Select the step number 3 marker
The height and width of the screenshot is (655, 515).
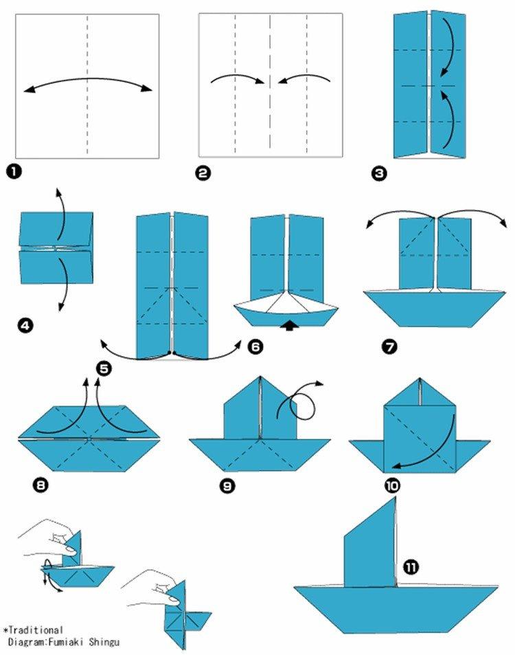(378, 173)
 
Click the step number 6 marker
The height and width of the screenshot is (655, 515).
(255, 347)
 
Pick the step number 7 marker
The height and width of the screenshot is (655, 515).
(389, 347)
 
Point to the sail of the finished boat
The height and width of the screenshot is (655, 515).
(371, 550)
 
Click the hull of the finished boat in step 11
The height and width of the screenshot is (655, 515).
(396, 605)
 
